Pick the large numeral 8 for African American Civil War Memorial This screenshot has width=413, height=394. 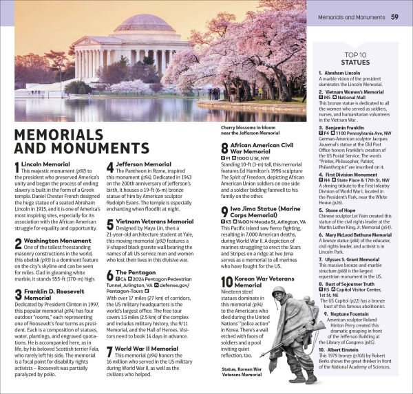224,149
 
